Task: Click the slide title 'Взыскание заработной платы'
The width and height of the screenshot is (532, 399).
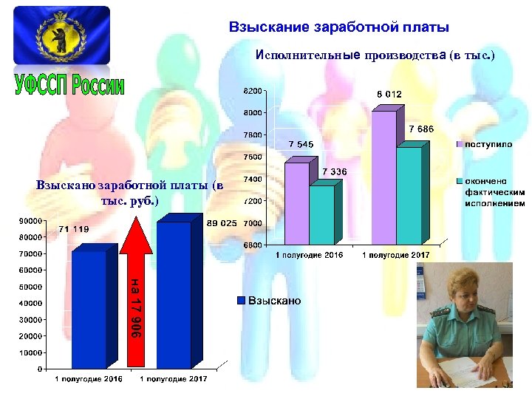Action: [339, 28]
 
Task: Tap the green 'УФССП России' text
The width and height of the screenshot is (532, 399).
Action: [69, 86]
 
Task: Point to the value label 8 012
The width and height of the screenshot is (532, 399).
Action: [389, 94]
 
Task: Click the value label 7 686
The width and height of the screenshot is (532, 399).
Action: [420, 129]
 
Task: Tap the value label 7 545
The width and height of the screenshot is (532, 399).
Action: [301, 143]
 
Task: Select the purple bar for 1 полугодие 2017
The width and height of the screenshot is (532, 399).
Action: [383, 177]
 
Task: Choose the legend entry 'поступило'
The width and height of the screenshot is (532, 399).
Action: [488, 143]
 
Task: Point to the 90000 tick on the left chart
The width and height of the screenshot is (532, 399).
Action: [30, 221]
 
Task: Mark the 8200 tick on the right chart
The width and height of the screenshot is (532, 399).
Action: [253, 91]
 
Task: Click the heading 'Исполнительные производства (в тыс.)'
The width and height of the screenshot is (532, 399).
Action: [375, 55]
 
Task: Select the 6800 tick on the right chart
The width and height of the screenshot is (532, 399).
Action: [253, 245]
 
